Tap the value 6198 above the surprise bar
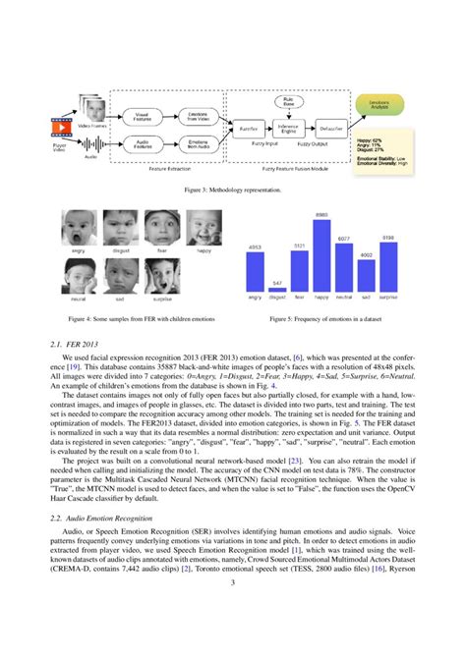(x=388, y=237)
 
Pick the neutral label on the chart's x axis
(x=343, y=296)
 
